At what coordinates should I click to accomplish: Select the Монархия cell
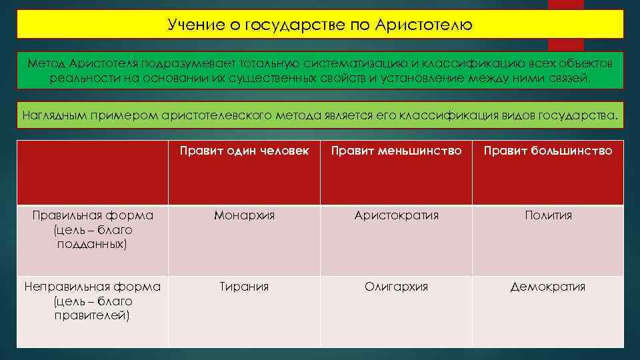coord(244,215)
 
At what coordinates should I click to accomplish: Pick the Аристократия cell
coord(396,215)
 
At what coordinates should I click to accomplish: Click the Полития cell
coord(548,215)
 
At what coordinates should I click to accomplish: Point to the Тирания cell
coord(244,287)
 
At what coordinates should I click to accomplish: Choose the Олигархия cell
coord(396,287)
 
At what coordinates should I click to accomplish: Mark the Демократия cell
coord(548,287)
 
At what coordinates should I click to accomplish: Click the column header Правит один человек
coord(244,151)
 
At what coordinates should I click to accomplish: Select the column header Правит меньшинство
coord(396,151)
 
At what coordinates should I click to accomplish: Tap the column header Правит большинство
coord(548,151)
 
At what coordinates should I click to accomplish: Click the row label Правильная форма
coord(93,215)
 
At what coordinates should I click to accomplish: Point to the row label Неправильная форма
coord(93,287)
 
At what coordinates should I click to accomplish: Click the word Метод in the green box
coord(44,62)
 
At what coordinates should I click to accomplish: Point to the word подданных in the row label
coord(93,244)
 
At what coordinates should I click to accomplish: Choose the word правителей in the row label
coord(93,315)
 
